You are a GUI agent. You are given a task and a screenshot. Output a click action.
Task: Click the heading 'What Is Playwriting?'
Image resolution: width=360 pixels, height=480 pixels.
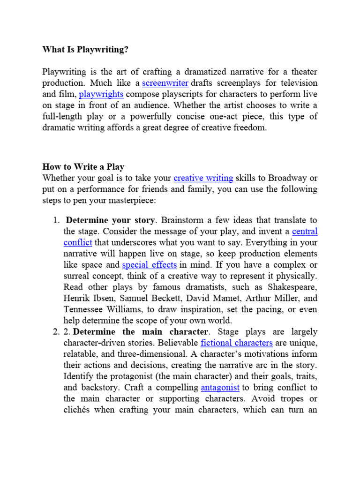[x=85, y=49]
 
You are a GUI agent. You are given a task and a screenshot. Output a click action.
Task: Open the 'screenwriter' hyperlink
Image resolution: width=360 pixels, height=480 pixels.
[x=165, y=83]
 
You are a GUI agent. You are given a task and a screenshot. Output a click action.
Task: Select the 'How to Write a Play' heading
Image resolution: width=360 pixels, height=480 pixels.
[x=83, y=166]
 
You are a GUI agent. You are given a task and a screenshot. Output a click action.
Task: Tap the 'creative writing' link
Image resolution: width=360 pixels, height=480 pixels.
[x=203, y=178]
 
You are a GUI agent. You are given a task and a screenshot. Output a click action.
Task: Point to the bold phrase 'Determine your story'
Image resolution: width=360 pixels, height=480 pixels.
[x=110, y=220]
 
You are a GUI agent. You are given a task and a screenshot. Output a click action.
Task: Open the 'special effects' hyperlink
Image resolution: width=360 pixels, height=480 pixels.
[x=149, y=265]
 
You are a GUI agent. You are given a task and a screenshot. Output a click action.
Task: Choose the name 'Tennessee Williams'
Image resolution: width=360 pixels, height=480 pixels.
[x=98, y=309]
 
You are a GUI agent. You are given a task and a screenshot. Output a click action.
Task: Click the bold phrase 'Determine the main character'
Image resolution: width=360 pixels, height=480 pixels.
[x=141, y=331]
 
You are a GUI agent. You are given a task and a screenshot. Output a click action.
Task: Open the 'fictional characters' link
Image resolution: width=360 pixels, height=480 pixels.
[x=236, y=343]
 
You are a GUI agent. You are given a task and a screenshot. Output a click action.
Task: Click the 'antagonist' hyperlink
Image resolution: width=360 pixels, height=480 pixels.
[x=220, y=387]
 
